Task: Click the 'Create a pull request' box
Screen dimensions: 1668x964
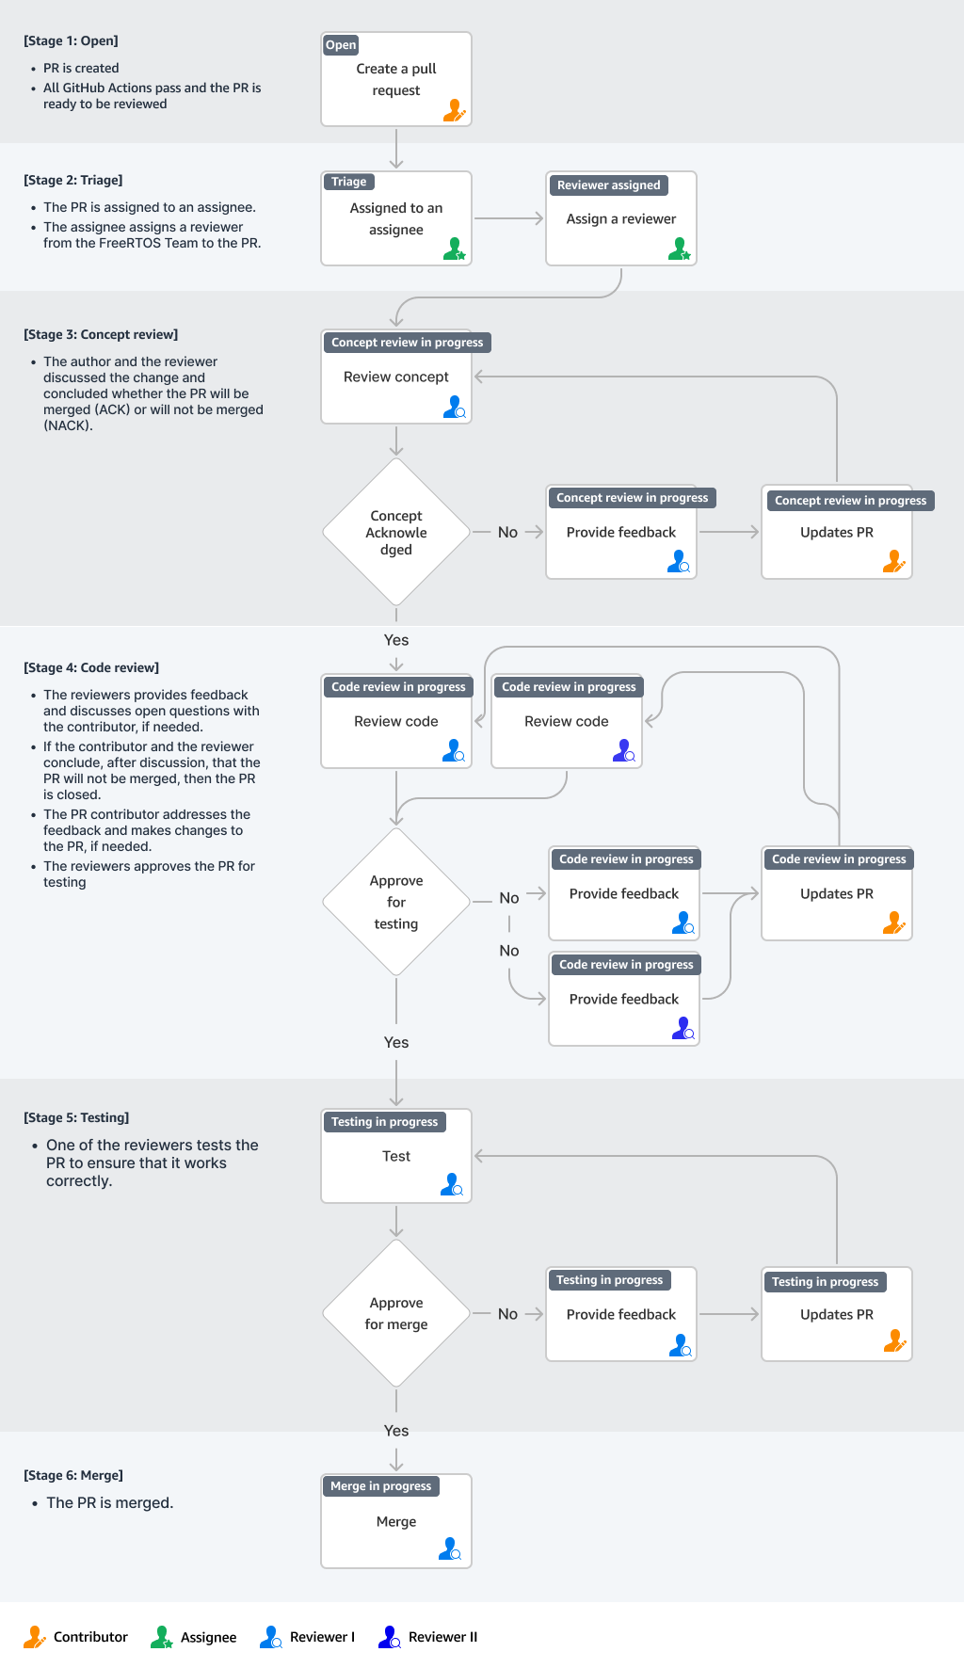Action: [395, 80]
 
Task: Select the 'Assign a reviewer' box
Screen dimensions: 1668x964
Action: [620, 219]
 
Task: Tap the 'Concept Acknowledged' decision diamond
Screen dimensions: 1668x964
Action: [396, 533]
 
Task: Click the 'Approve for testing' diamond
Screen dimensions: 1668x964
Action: [396, 902]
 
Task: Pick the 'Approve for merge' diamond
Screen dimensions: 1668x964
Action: [396, 1313]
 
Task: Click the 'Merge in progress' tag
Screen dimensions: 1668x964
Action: [380, 1486]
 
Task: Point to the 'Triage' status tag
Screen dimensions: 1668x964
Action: [348, 182]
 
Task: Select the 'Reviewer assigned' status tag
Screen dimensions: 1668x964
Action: [608, 185]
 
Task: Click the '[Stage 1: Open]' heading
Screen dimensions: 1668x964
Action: [71, 41]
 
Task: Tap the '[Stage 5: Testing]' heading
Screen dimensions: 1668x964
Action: [76, 1117]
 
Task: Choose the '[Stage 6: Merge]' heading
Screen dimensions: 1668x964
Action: [73, 1475]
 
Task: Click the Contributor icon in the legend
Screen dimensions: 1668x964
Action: [34, 1637]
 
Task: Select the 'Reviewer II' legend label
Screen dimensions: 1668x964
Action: [442, 1637]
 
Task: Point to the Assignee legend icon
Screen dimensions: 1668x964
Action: [161, 1637]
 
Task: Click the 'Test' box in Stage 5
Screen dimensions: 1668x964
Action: [395, 1156]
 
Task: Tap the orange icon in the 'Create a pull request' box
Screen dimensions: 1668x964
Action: [454, 111]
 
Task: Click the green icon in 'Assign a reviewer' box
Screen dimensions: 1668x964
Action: [679, 249]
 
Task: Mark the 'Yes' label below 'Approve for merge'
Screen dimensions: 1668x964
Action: [396, 1431]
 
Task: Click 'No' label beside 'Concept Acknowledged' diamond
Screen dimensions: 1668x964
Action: [507, 533]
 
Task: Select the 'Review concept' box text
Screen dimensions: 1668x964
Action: [395, 377]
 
